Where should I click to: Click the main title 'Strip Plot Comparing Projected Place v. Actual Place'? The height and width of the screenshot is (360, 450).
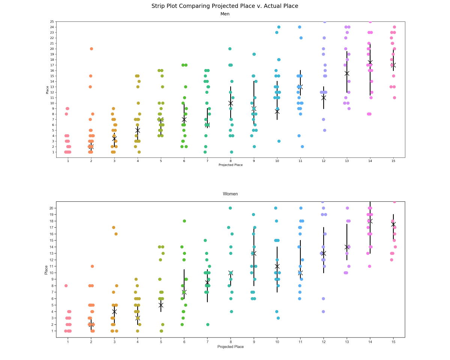pyautogui.click(x=225, y=6)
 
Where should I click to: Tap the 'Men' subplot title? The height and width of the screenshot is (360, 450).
pyautogui.click(x=225, y=14)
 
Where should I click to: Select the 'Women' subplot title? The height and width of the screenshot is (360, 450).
pyautogui.click(x=230, y=194)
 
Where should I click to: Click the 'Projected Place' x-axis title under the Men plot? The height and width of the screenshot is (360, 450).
pyautogui.click(x=231, y=165)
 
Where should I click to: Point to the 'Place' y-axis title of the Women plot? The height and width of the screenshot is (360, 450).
pyautogui.click(x=46, y=270)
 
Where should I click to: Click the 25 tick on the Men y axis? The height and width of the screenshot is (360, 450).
pyautogui.click(x=52, y=22)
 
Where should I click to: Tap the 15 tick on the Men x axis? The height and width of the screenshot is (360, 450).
pyautogui.click(x=393, y=161)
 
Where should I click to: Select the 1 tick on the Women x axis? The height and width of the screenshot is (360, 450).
pyautogui.click(x=68, y=341)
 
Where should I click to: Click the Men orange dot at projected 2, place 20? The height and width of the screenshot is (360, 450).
pyautogui.click(x=91, y=49)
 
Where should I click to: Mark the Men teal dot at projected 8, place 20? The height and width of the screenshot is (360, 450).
pyautogui.click(x=230, y=49)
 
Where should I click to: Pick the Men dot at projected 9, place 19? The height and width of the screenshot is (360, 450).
pyautogui.click(x=254, y=54)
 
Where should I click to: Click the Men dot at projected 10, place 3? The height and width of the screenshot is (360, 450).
pyautogui.click(x=279, y=141)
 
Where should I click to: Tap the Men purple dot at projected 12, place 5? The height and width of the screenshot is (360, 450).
pyautogui.click(x=324, y=130)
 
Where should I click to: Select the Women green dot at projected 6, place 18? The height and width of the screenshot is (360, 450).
pyautogui.click(x=184, y=221)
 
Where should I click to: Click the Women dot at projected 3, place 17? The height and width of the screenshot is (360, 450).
pyautogui.click(x=114, y=228)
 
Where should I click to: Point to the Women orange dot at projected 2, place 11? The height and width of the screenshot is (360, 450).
pyautogui.click(x=92, y=266)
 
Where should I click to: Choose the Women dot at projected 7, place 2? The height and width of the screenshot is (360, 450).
pyautogui.click(x=208, y=324)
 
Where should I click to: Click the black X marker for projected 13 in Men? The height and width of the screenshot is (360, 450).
pyautogui.click(x=347, y=73)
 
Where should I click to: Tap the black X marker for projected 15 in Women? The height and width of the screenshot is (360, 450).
pyautogui.click(x=393, y=224)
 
